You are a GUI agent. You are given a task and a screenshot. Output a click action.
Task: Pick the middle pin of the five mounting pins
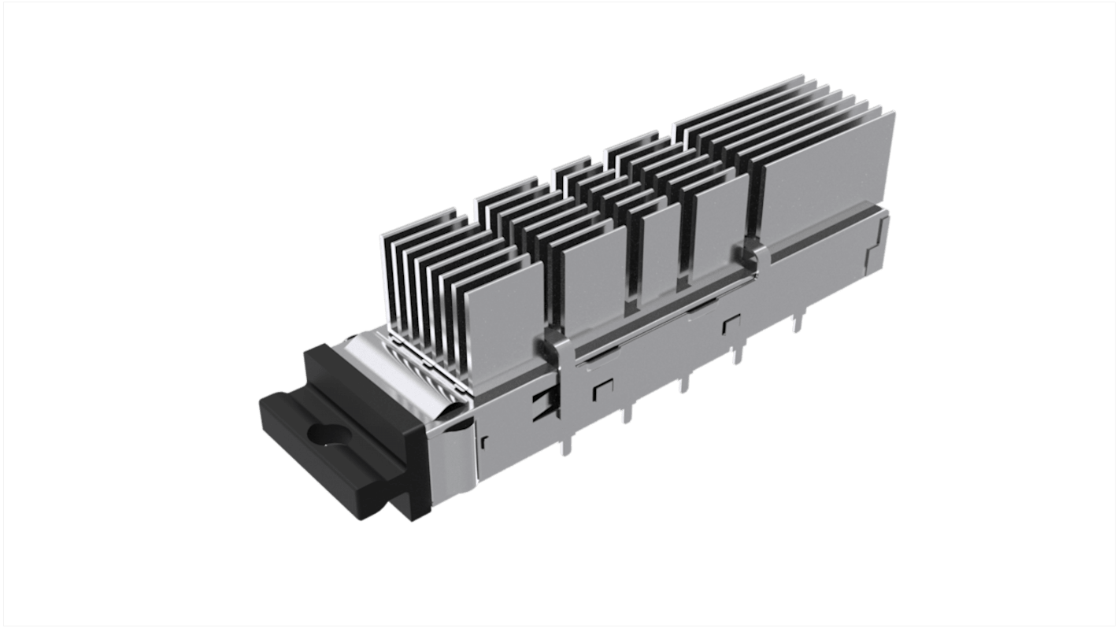click(683, 383)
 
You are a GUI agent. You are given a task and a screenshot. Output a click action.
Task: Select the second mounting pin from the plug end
click(626, 413)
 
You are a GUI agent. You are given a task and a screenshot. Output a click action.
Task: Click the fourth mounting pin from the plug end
click(738, 355)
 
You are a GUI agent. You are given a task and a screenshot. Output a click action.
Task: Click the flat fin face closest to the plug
click(512, 307)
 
